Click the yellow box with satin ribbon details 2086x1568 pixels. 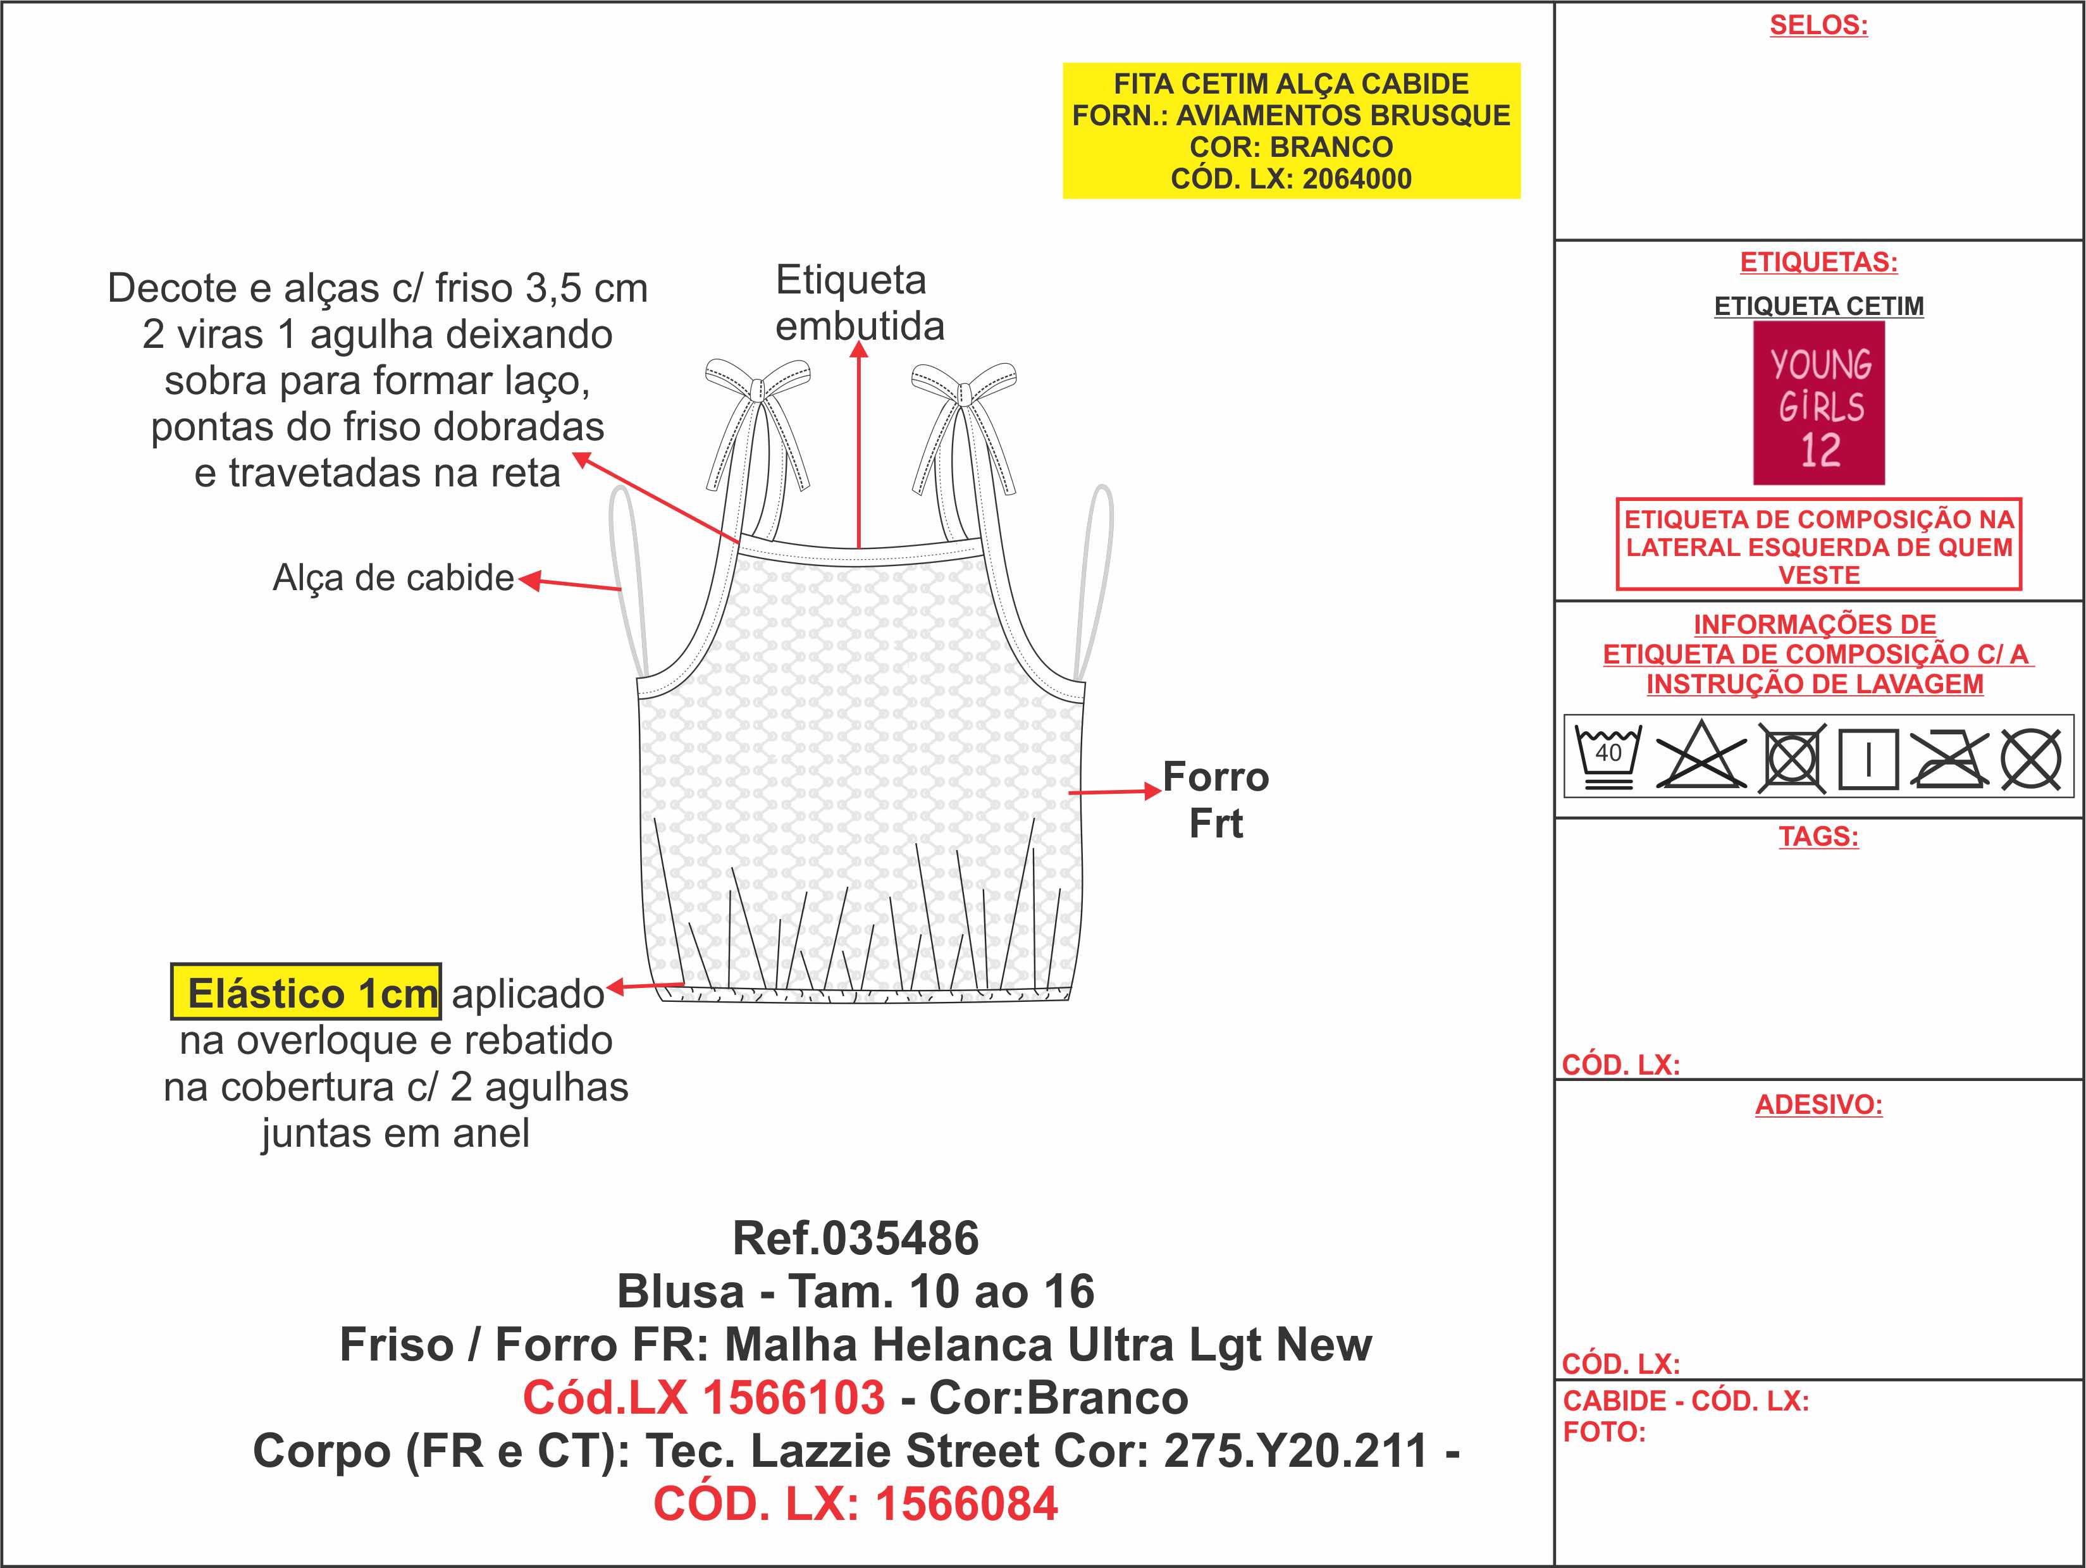1291,131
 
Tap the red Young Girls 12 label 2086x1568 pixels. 1819,404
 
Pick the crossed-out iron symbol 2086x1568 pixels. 1949,756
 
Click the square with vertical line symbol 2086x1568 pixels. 1868,758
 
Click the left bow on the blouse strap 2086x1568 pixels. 758,424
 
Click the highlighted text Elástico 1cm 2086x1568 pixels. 305,992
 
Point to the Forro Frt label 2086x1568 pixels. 1216,799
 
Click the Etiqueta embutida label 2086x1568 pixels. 859,303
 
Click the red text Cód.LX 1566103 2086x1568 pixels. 703,1397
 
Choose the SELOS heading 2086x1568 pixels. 1818,25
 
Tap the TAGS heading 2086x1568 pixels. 1818,836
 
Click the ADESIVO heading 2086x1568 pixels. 1818,1105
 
